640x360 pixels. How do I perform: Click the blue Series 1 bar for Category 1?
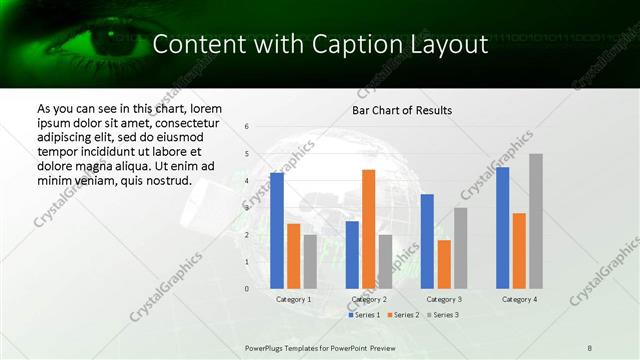tap(276, 230)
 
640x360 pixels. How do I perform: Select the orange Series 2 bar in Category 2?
tap(369, 229)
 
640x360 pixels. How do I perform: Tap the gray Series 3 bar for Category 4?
tap(536, 221)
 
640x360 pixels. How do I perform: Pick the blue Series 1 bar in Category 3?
tap(427, 241)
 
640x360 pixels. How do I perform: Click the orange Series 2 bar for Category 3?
tap(444, 264)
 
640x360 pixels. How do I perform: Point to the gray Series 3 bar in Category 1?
tap(310, 261)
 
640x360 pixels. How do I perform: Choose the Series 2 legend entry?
tap(403, 315)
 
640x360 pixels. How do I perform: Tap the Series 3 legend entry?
tap(443, 315)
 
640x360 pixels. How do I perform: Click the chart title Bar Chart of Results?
tap(402, 110)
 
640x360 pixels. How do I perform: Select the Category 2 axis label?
tap(369, 299)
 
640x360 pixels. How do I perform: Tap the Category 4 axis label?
tap(519, 299)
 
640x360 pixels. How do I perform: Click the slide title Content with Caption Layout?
tap(320, 44)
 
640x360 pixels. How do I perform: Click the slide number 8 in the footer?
tap(590, 347)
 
